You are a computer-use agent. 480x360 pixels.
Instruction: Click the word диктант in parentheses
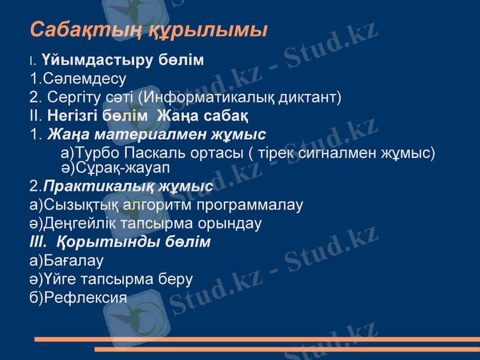[x=307, y=96]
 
